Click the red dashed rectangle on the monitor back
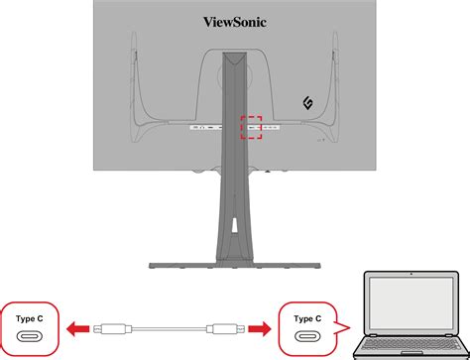[x=255, y=127]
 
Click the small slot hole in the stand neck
[x=235, y=230]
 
